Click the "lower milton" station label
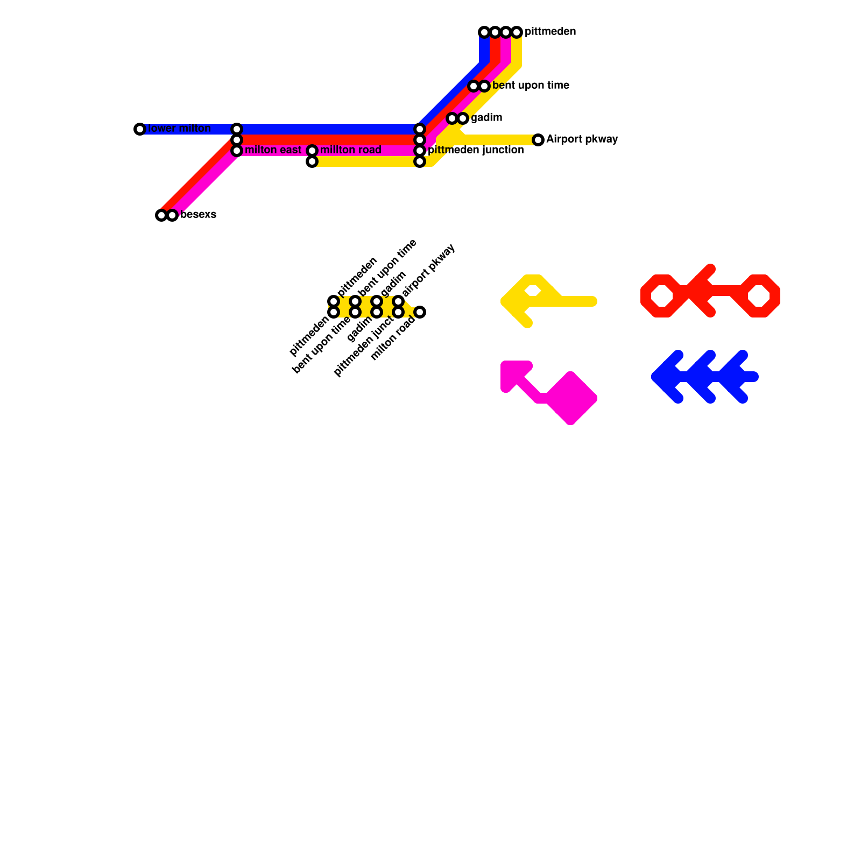(x=179, y=129)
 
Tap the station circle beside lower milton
(x=140, y=129)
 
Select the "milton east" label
(x=273, y=150)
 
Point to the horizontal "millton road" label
(x=350, y=150)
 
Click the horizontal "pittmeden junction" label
(x=476, y=150)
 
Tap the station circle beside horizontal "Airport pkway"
(x=538, y=140)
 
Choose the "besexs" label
(x=198, y=215)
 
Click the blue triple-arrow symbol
(x=705, y=377)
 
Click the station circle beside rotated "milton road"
(x=420, y=312)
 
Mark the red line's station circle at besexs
(x=161, y=215)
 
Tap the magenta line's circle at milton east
(x=237, y=151)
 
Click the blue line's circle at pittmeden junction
(x=420, y=129)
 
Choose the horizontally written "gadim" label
(x=486, y=118)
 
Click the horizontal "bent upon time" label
(x=531, y=86)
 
